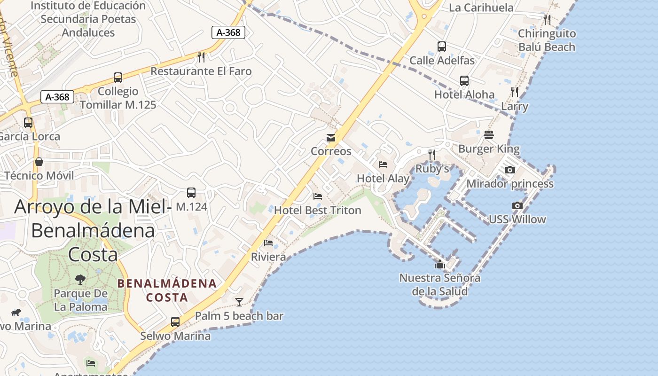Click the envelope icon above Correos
[x=331, y=138]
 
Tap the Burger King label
[x=489, y=149]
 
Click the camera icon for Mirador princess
[x=510, y=170]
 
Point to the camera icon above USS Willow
[x=517, y=205]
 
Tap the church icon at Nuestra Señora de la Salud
[x=440, y=264]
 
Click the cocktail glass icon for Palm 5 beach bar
[x=239, y=302]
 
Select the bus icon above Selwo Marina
[x=175, y=322]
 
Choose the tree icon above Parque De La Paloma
[x=80, y=280]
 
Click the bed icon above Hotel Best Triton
[x=318, y=196]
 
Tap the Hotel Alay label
[x=383, y=179]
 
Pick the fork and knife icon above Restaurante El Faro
[x=201, y=57]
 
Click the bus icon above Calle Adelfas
[x=442, y=47]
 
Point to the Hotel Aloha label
[x=464, y=94]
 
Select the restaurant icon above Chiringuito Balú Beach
[x=547, y=20]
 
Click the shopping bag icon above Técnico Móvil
[x=39, y=162]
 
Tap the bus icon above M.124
[x=191, y=192]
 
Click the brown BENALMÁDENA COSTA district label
[x=167, y=290]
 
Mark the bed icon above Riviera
[x=268, y=243]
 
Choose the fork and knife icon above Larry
[x=515, y=92]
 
